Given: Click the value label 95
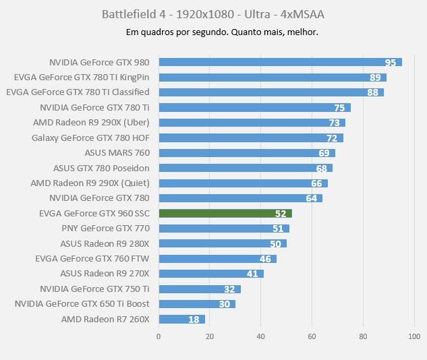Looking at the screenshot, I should pyautogui.click(x=391, y=62).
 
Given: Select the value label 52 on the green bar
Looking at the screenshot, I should pyautogui.click(x=281, y=213).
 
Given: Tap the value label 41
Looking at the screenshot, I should pyautogui.click(x=253, y=274).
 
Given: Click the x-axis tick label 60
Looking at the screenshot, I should pyautogui.click(x=312, y=335).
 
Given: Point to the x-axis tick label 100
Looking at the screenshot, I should pyautogui.click(x=414, y=335).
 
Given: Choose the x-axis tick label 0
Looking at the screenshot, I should pyautogui.click(x=159, y=335).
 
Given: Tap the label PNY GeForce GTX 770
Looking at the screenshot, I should pyautogui.click(x=105, y=229).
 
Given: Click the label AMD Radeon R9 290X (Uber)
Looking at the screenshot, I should pyautogui.click(x=91, y=123).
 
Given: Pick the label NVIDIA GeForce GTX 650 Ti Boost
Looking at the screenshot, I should pyautogui.click(x=82, y=304).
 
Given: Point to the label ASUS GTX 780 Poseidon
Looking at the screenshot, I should pyautogui.click(x=101, y=168).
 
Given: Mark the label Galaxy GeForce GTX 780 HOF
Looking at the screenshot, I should pyautogui.click(x=90, y=138).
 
